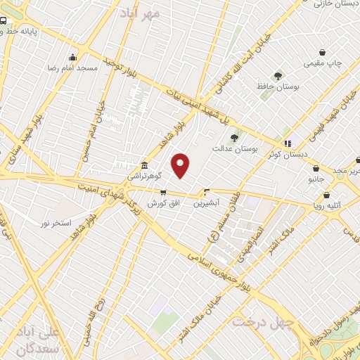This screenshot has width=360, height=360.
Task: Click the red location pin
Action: coord(181,165)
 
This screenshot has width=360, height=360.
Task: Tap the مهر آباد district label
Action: coord(140,12)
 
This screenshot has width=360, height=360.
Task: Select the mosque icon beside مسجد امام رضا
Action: coord(72,58)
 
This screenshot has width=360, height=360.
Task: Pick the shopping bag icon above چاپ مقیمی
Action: coord(323,53)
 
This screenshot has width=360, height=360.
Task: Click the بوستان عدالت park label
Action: coord(236,149)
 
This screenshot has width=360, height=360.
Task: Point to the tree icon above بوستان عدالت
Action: coord(234,138)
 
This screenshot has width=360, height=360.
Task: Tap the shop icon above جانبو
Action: coord(316,169)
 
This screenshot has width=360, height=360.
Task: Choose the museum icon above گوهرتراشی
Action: coord(144,164)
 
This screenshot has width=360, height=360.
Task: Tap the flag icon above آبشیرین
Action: coord(207,192)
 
